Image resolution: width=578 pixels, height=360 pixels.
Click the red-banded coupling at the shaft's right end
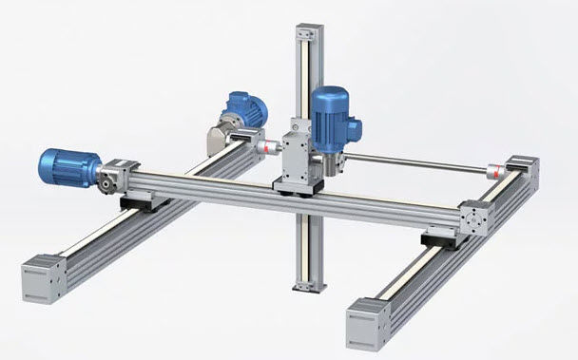pyautogui.click(x=493, y=172)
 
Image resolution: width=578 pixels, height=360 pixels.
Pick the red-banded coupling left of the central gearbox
pyautogui.click(x=269, y=147)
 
